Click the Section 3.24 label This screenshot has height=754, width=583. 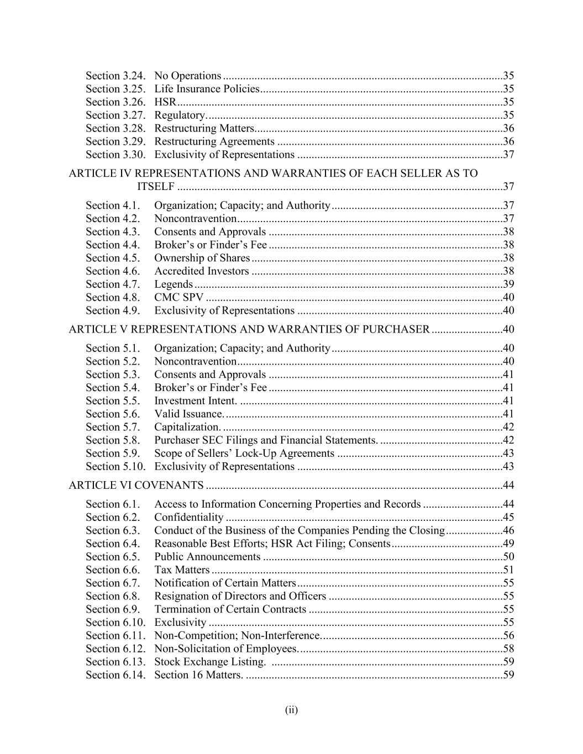click(115, 76)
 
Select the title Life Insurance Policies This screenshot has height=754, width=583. click(207, 89)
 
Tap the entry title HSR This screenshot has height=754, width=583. click(165, 102)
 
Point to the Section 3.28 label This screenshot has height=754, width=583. click(115, 129)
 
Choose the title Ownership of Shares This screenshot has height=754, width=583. click(202, 258)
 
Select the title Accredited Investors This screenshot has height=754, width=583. click(201, 271)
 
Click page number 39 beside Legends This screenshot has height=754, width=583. click(508, 284)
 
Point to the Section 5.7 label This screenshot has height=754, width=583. click(113, 427)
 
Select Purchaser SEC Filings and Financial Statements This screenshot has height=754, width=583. click(266, 440)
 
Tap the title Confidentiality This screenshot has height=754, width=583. click(188, 518)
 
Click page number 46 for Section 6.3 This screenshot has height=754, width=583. click(508, 531)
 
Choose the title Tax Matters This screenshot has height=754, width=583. click(182, 570)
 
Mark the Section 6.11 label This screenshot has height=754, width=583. click(115, 636)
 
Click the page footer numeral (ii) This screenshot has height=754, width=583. click(291, 710)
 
